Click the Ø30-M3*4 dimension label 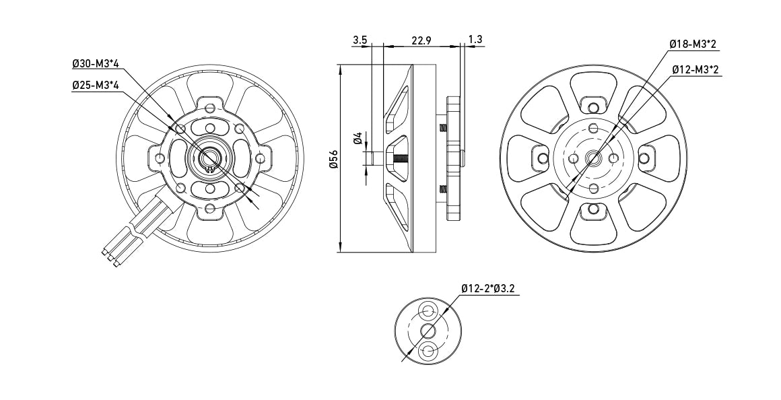[x=96, y=64]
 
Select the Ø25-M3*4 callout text [x=96, y=86]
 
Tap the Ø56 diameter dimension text [x=333, y=159]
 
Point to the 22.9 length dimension [x=421, y=40]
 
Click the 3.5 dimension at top [x=360, y=40]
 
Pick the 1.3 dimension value [x=475, y=40]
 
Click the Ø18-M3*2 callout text [x=693, y=44]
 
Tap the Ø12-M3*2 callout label [x=695, y=69]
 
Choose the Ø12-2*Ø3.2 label [x=489, y=289]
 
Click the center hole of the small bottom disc [x=428, y=331]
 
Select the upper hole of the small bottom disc [x=428, y=312]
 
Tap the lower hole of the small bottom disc [x=428, y=350]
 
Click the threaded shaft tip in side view [x=400, y=159]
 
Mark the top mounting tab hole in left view [x=210, y=107]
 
